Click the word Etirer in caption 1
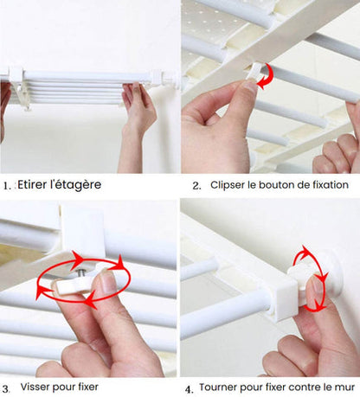pyautogui.click(x=32, y=185)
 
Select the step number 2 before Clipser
pyautogui.click(x=196, y=185)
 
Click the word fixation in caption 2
pyautogui.click(x=326, y=185)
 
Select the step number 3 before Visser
pyautogui.click(x=7, y=388)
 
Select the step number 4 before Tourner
pyautogui.click(x=189, y=388)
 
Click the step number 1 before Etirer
pyautogui.click(x=7, y=185)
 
